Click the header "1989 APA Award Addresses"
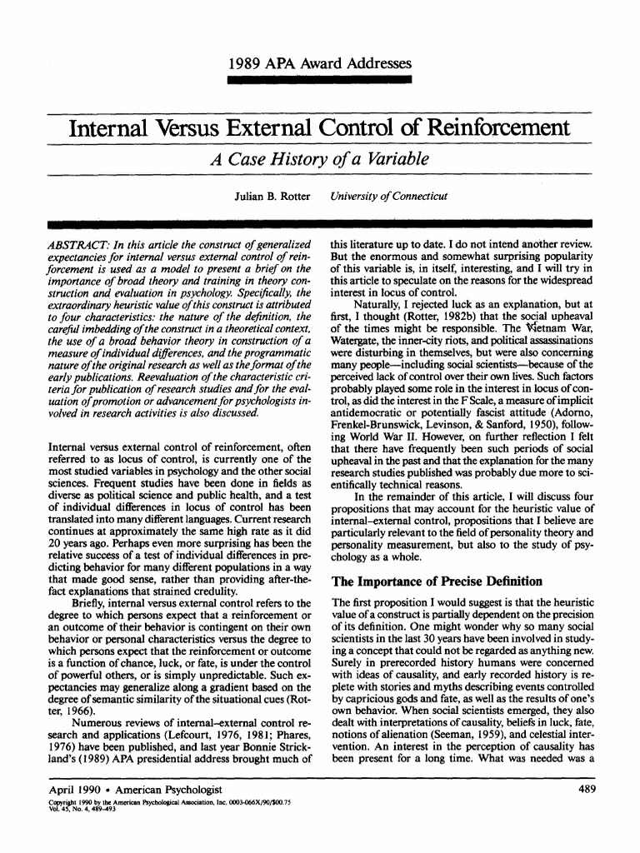[320, 64]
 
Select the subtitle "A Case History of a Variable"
[320, 159]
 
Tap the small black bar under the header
[320, 80]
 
